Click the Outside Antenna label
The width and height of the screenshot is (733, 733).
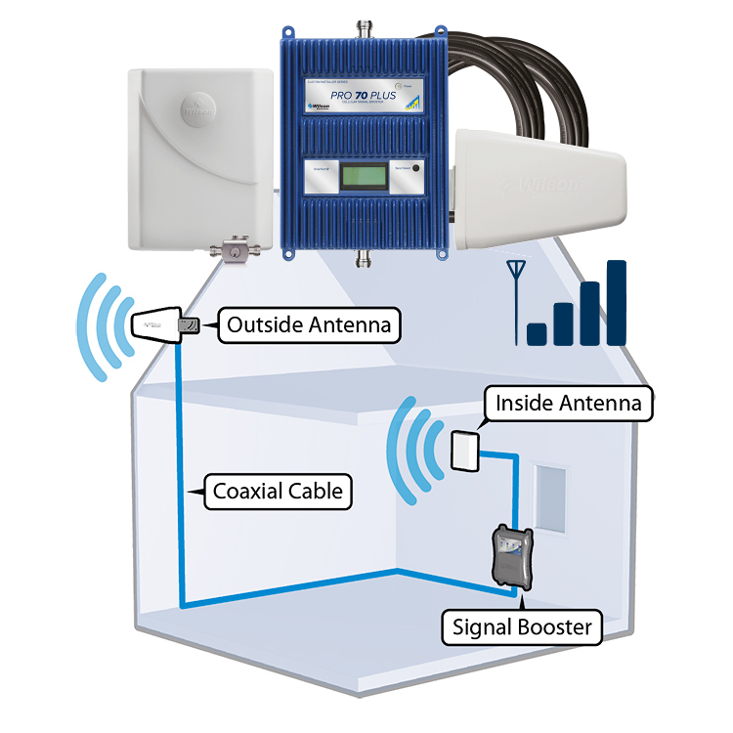pyautogui.click(x=309, y=325)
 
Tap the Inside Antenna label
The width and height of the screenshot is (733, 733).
pyautogui.click(x=568, y=403)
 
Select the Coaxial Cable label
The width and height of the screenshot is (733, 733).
pyautogui.click(x=278, y=491)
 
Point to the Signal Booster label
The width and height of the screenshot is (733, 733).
pyautogui.click(x=522, y=626)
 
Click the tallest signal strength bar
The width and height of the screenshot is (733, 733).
pyautogui.click(x=616, y=302)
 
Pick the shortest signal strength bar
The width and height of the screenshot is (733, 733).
pyautogui.click(x=537, y=333)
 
